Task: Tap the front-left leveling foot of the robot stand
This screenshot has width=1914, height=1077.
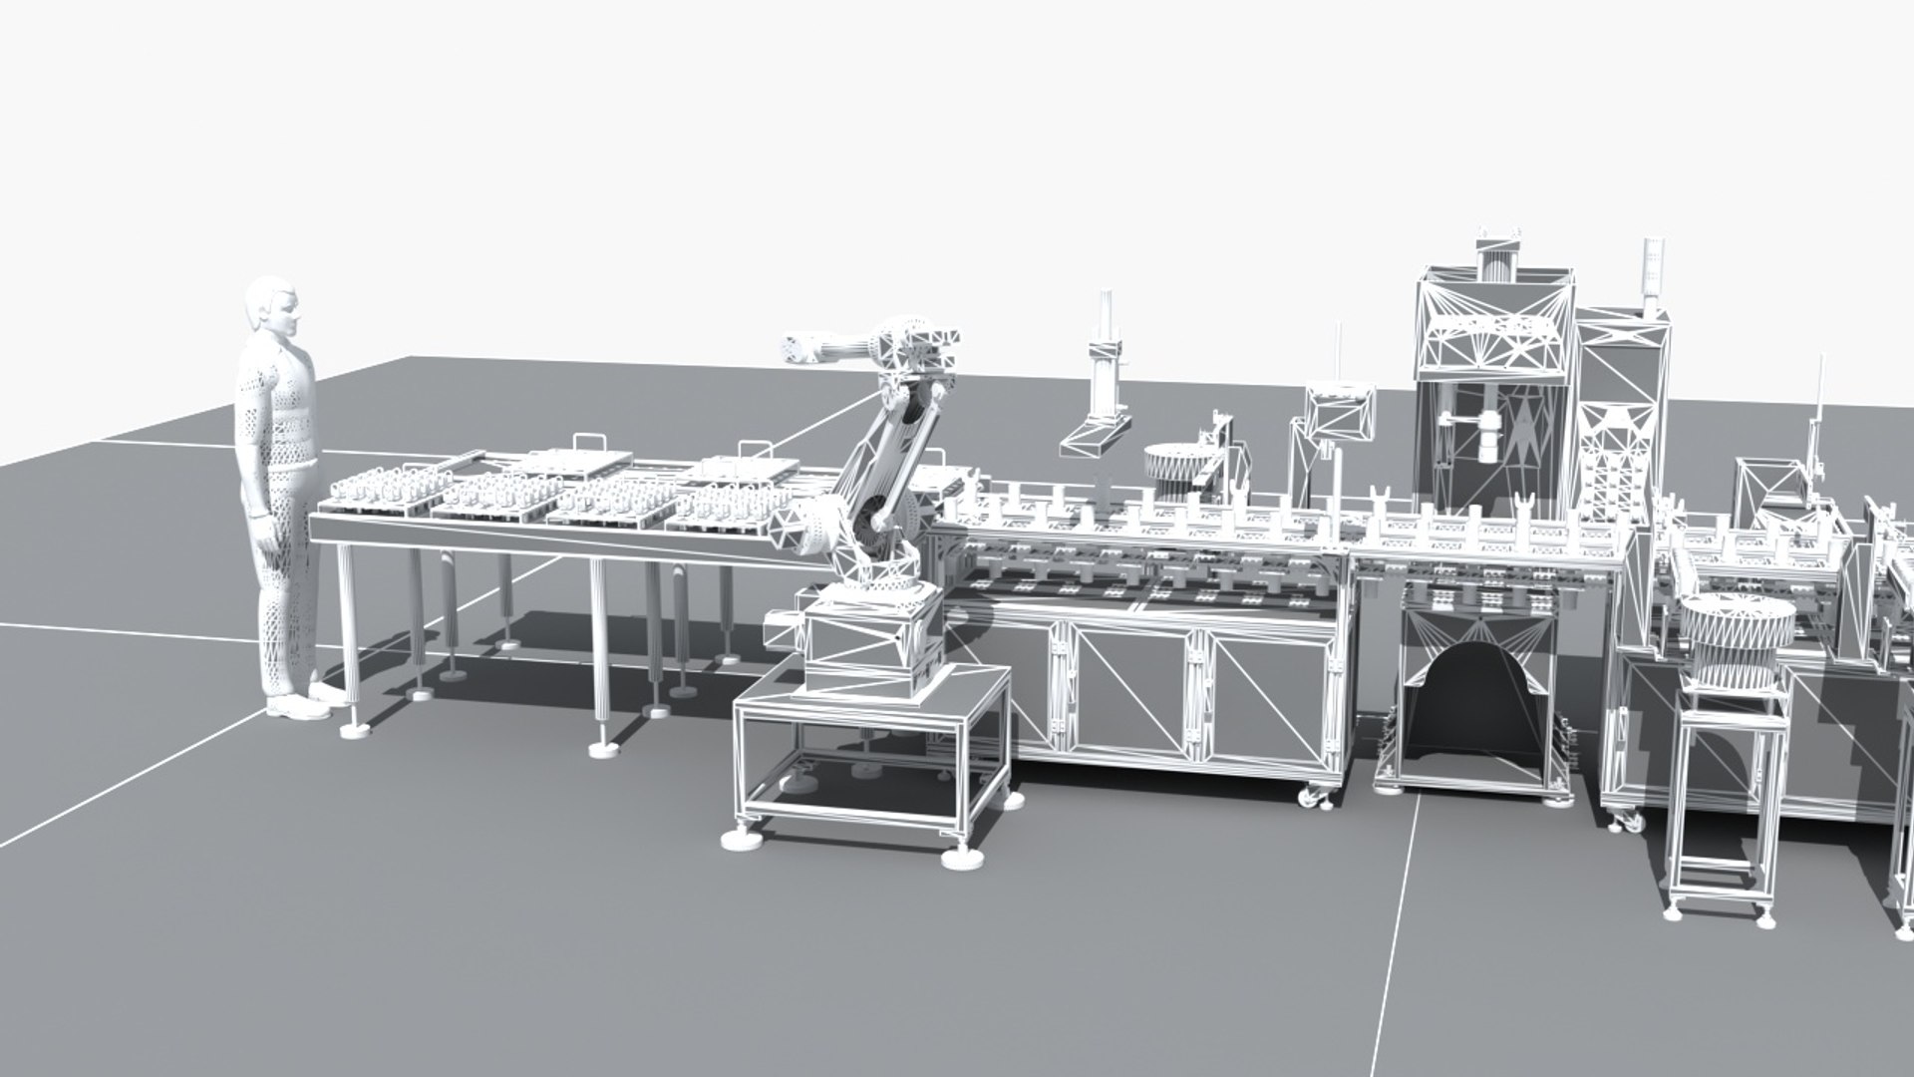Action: point(743,836)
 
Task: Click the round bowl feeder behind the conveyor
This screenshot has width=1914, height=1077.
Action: point(1176,464)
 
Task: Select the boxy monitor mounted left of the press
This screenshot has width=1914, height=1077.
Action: point(1341,414)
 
